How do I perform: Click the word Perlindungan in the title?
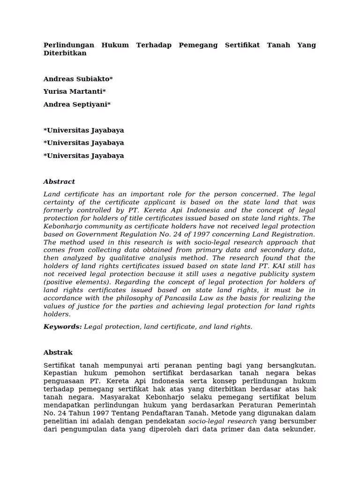click(68, 45)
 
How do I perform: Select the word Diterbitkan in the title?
click(65, 53)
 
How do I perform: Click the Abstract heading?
click(59, 182)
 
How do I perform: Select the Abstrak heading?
click(58, 352)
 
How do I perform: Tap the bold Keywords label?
click(62, 327)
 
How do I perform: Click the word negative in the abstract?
click(243, 274)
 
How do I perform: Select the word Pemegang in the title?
click(198, 45)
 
